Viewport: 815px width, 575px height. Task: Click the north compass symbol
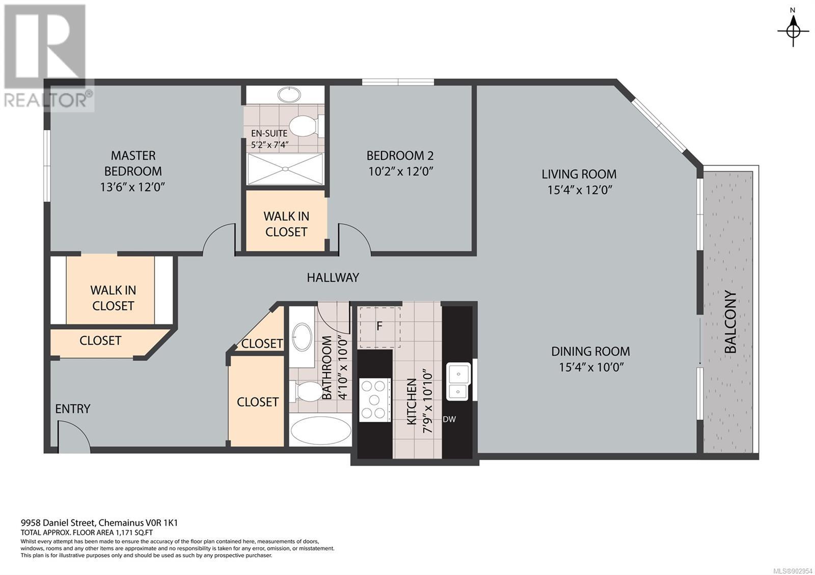coord(793,32)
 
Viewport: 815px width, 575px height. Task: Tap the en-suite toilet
coord(306,126)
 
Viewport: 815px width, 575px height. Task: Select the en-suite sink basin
coord(289,95)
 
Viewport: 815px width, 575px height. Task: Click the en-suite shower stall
coord(285,169)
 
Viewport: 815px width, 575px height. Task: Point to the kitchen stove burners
coord(375,400)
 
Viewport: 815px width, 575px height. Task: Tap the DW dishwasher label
coord(449,419)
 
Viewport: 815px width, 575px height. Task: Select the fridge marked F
coord(380,328)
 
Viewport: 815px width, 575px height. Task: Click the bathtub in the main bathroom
coord(320,430)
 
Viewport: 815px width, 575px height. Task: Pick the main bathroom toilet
coord(306,391)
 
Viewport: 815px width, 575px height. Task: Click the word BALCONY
coord(730,322)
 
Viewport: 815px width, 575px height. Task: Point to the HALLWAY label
coord(333,278)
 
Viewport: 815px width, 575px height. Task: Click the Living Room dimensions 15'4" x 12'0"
coord(580,190)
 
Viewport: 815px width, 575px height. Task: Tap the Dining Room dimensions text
coord(591,367)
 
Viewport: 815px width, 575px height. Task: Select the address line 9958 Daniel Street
coord(99,523)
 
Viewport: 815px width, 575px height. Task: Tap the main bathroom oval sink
coord(302,337)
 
